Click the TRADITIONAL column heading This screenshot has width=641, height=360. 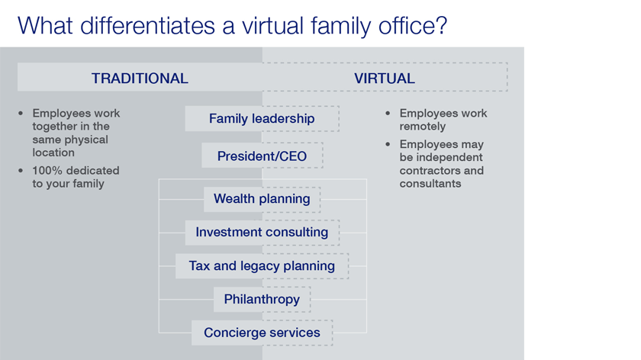(140, 78)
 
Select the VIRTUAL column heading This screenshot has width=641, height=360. (385, 78)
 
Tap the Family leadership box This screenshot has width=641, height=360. (262, 118)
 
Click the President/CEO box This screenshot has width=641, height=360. (262, 156)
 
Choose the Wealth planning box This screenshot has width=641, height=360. (262, 199)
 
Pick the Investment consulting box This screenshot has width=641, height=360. (262, 233)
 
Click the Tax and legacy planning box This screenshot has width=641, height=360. (262, 266)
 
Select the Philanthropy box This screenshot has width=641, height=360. (262, 300)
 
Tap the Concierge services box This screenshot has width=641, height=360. (262, 333)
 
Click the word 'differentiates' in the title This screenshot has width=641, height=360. (147, 25)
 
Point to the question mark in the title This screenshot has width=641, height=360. (441, 25)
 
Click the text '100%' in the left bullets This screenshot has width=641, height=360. (47, 170)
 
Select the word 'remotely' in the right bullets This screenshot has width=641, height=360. (423, 127)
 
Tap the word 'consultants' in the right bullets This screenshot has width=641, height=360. (430, 184)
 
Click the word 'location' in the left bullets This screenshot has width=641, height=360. (53, 153)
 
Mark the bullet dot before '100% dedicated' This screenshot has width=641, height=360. (21, 170)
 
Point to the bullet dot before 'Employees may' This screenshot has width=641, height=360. (388, 144)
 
